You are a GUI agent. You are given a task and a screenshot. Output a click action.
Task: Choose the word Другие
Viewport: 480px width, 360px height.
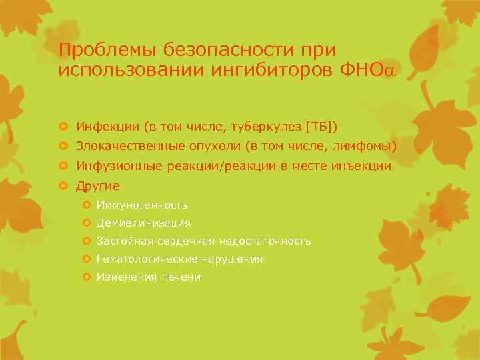click(x=98, y=186)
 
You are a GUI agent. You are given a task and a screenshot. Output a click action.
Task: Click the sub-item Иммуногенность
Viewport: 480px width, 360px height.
click(x=141, y=205)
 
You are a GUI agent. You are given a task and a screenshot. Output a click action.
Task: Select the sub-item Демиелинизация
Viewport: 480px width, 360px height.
click(x=143, y=223)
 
